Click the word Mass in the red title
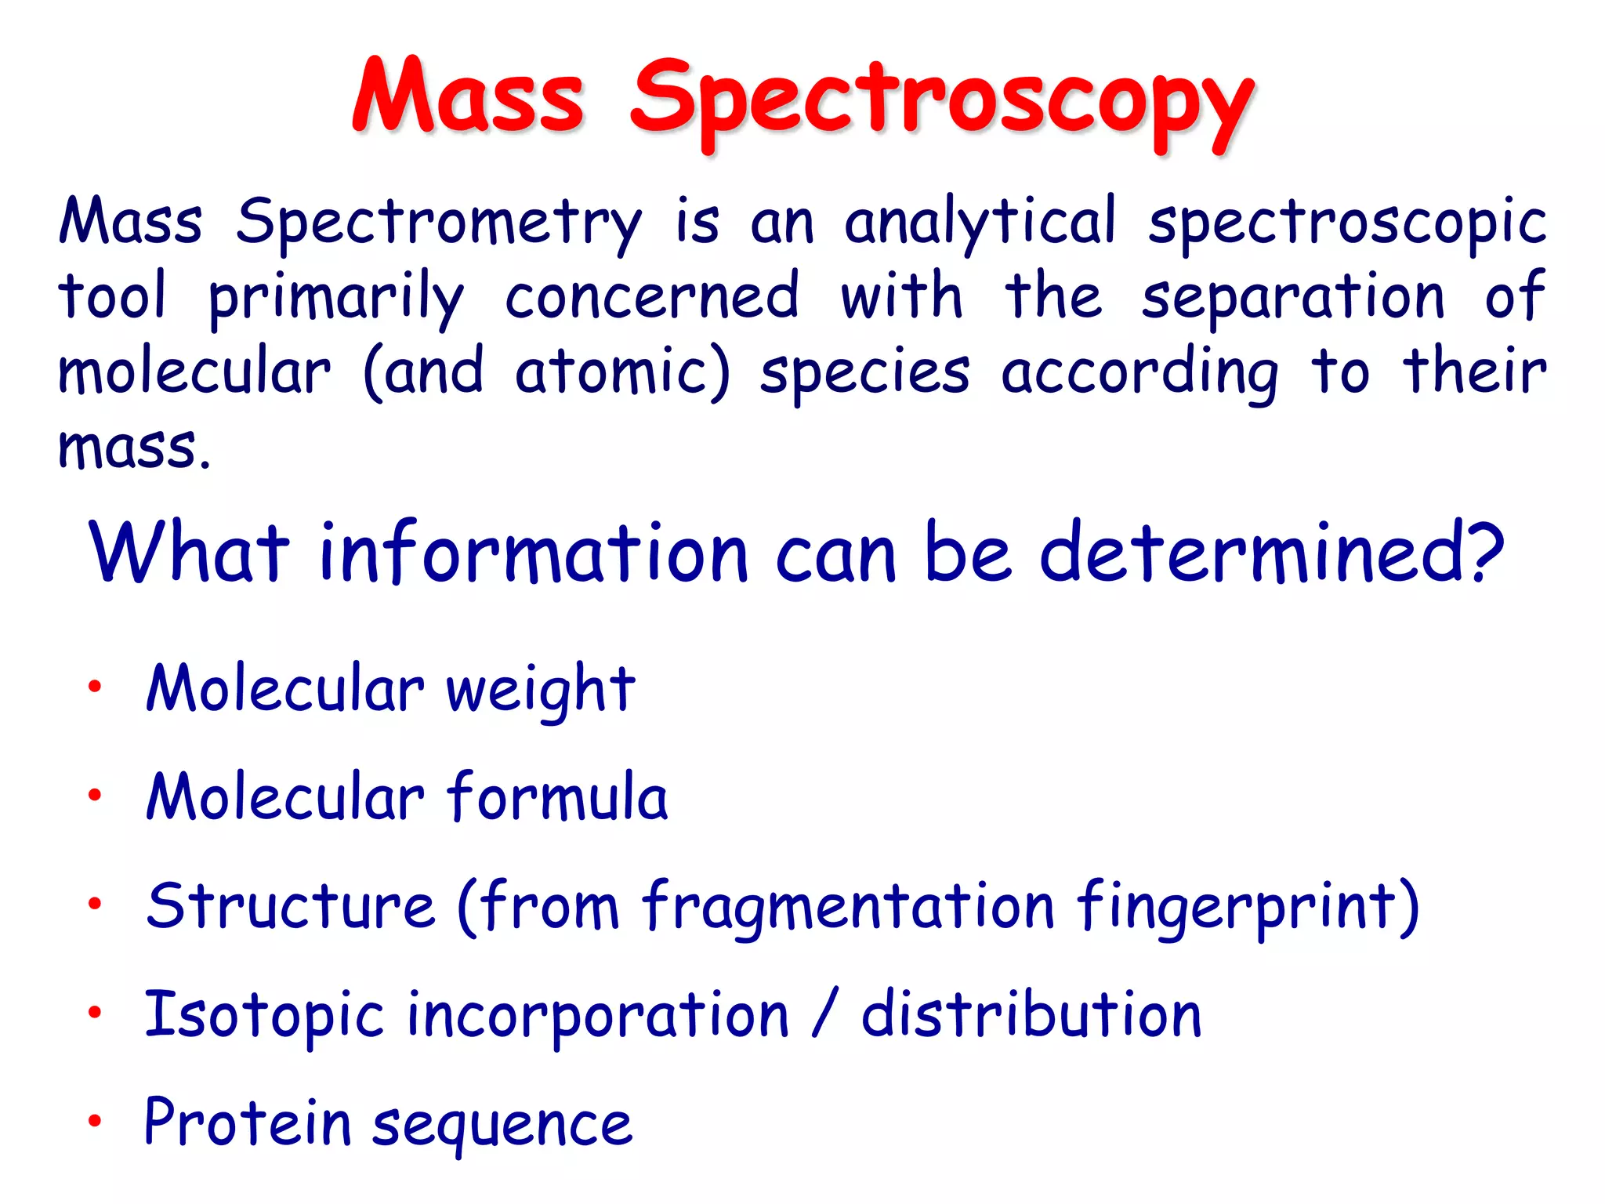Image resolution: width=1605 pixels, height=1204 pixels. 468,98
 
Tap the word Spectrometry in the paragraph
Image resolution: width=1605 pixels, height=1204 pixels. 439,223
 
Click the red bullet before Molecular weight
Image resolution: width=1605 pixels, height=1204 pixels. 95,687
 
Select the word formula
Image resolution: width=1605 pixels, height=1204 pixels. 557,796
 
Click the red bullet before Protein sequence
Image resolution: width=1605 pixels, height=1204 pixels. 95,1120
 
